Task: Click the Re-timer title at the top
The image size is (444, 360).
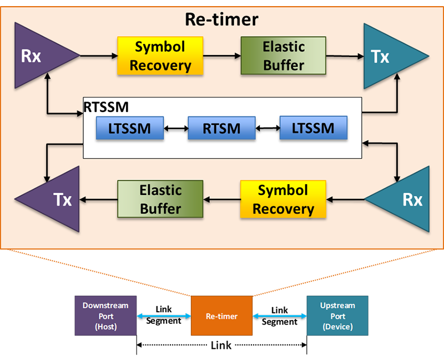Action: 221,19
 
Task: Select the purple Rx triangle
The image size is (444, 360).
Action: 39,55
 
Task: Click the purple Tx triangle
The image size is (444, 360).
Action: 54,199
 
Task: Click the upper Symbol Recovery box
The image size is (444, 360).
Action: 160,56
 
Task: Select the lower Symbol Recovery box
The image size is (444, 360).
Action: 283,199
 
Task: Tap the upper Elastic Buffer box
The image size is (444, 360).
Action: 284,55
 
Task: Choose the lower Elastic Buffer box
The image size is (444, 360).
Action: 160,199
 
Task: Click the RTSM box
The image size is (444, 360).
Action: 221,128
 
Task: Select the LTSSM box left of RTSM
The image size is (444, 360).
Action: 130,128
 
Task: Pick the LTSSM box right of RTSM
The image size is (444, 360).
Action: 314,128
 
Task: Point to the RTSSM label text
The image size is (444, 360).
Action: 106,107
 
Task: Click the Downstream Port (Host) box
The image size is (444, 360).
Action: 105,316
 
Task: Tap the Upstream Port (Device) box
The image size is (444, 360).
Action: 337,316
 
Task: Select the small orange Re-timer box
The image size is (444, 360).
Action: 221,316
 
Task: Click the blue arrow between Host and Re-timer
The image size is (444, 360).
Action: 164,316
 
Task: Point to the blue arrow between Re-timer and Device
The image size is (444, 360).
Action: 280,316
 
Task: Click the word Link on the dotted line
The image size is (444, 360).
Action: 221,345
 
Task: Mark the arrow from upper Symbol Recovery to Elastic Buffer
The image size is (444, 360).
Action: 222,56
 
